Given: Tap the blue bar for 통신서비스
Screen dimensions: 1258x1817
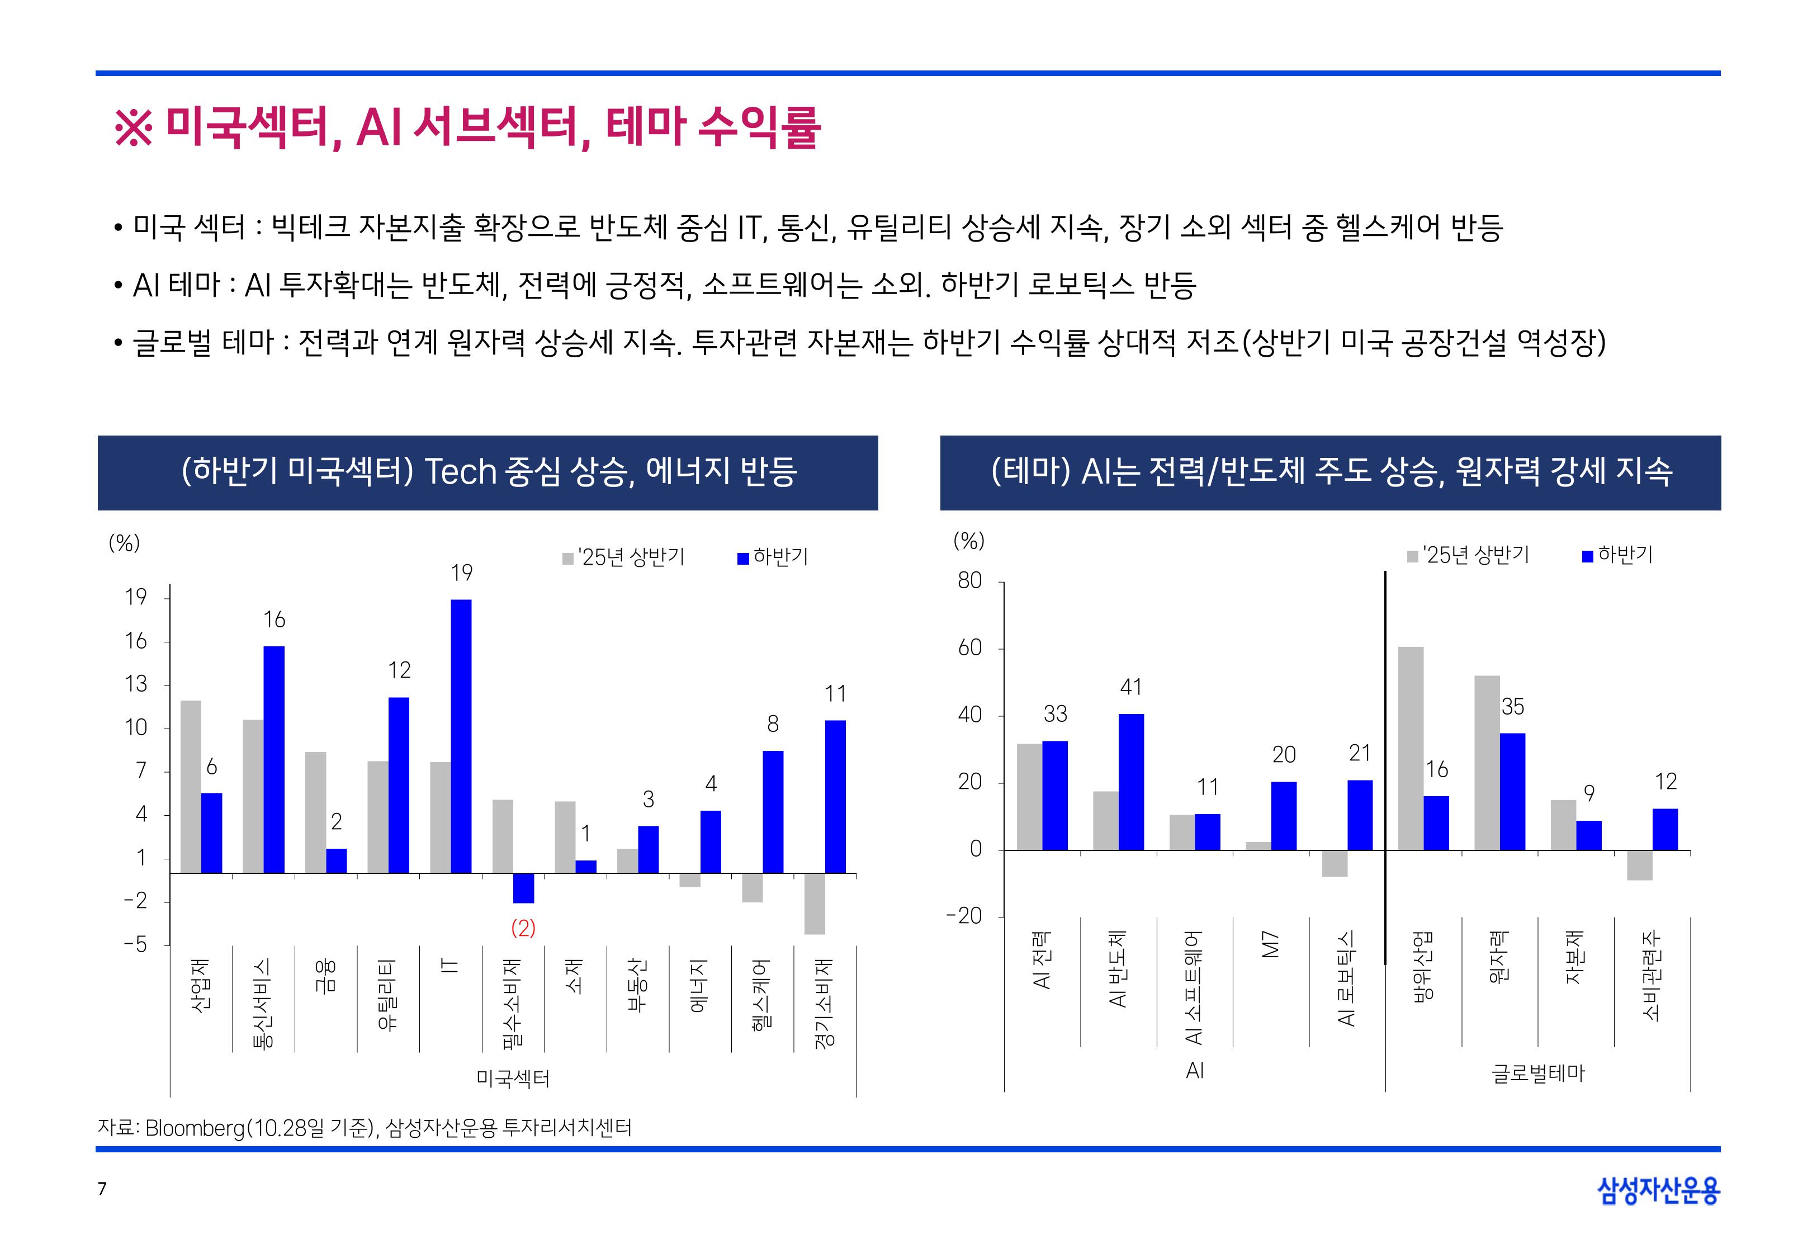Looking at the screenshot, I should (274, 759).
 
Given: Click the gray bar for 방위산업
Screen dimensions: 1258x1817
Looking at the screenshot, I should (1411, 748).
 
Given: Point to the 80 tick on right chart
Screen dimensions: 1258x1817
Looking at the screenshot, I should (970, 581).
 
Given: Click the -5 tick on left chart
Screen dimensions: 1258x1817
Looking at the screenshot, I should (135, 944).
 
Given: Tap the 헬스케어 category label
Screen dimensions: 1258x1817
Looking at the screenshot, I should (761, 993).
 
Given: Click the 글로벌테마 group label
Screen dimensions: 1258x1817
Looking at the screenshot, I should (1537, 1073).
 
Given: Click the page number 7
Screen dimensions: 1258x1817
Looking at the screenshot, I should (102, 1189).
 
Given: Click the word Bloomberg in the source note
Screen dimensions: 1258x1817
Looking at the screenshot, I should (195, 1128).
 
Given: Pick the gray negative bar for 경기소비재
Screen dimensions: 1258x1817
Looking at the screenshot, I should (815, 904).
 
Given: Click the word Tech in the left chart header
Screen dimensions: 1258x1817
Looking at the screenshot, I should (460, 472).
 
